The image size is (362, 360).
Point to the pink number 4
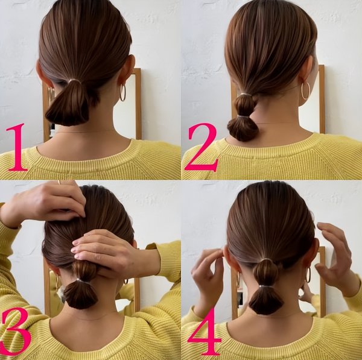tap(205, 332)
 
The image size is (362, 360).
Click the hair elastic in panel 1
tap(74, 80)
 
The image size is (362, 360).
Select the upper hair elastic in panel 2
tap(246, 94)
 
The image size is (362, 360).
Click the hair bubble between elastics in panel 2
tap(245, 106)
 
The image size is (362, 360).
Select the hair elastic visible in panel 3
tap(81, 280)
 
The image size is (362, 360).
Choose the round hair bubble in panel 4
tap(265, 273)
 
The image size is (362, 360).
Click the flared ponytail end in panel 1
tap(68, 109)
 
